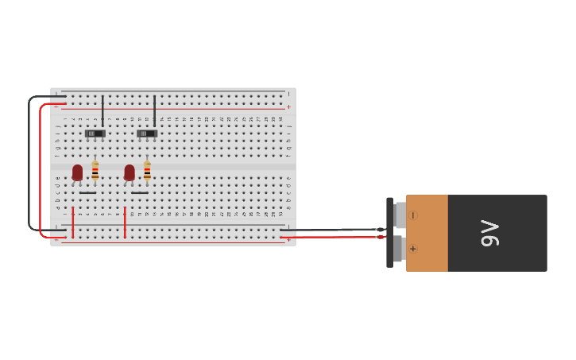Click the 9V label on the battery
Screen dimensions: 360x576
point(490,233)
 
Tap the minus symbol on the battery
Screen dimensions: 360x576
point(413,215)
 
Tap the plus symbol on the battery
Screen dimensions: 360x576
point(413,249)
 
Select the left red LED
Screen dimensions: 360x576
point(77,172)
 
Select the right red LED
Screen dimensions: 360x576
point(130,172)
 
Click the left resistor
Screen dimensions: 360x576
point(95,171)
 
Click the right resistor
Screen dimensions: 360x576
point(147,171)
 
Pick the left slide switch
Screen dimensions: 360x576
point(95,134)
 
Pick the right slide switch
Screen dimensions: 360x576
point(147,134)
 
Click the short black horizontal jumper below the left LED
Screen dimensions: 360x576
point(87,192)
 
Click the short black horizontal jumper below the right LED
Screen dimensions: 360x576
point(140,192)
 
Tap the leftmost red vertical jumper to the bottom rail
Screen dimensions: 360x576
point(73,222)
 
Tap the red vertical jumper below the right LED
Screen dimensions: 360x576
point(125,222)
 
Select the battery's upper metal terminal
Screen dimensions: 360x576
point(400,215)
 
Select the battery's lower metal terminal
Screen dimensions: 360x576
point(400,248)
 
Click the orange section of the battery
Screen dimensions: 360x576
point(427,233)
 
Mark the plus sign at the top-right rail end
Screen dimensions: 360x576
point(288,106)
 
